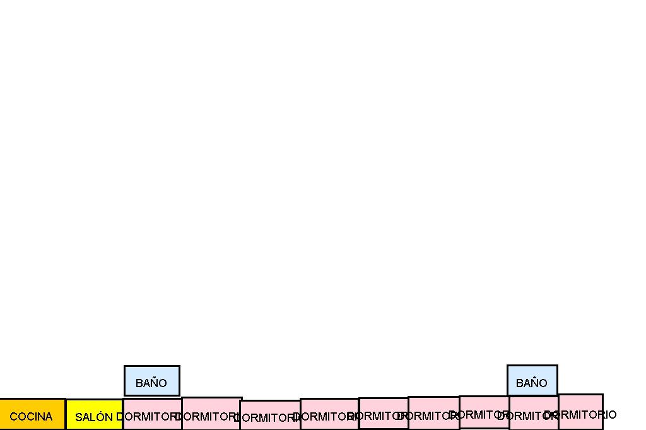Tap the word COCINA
[x=31, y=417]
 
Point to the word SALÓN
[x=94, y=417]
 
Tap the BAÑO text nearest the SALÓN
[x=151, y=383]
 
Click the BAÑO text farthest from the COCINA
[x=532, y=383]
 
